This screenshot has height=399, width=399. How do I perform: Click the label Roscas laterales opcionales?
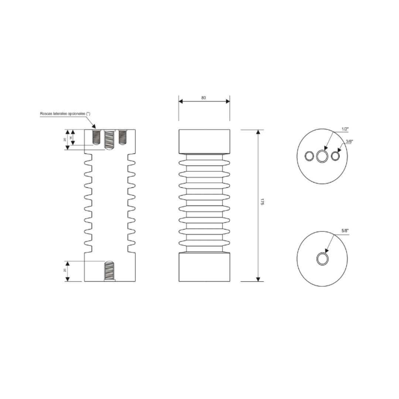coord(65,114)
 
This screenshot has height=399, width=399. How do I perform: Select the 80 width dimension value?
coord(204,98)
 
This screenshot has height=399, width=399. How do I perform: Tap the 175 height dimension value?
coord(262,202)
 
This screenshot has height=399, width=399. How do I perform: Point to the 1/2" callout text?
coord(345,129)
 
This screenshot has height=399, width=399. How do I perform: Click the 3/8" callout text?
coord(349,141)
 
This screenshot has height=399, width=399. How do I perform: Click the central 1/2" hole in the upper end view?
coord(322,156)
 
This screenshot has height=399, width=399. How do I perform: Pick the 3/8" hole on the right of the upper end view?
coord(335,156)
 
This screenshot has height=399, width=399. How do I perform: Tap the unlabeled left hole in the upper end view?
coord(309,156)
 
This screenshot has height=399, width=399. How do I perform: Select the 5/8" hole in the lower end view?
coord(323,259)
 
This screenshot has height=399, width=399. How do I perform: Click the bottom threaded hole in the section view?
coord(109,270)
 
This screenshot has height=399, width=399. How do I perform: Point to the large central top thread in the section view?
coord(109,140)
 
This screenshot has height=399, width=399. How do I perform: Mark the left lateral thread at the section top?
coord(96,137)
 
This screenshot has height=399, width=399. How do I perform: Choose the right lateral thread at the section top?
coord(123,137)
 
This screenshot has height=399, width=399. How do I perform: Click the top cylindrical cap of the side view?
coord(204,141)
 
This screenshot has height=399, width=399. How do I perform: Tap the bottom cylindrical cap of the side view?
coord(204,267)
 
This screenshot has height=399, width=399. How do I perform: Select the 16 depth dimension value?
coord(71,137)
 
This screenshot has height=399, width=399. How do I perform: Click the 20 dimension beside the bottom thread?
coord(65,270)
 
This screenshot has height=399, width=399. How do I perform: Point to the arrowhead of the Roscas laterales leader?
coord(94,127)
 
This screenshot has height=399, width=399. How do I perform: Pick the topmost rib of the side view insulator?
coord(204,163)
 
